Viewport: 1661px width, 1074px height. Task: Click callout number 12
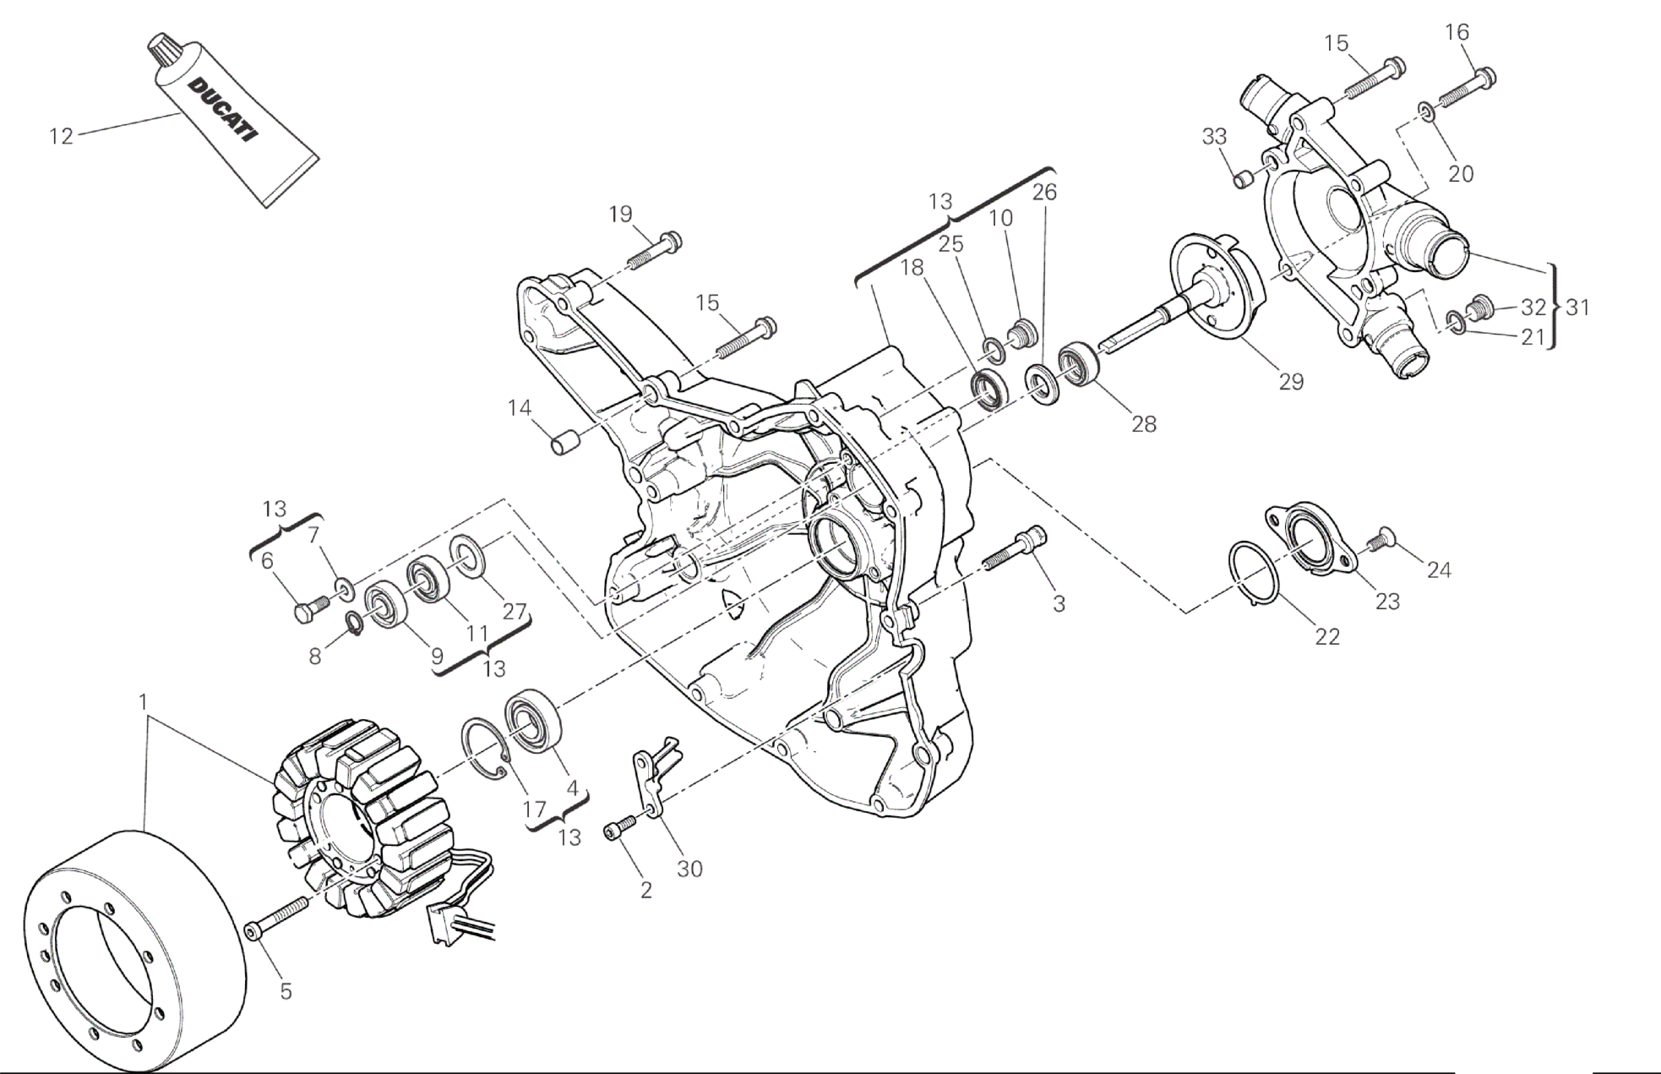click(x=62, y=136)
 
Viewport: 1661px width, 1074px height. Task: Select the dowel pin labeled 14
click(x=564, y=441)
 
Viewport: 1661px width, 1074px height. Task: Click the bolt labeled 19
click(x=655, y=251)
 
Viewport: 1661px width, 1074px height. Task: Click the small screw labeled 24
click(x=1380, y=538)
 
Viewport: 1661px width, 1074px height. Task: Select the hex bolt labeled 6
click(x=312, y=608)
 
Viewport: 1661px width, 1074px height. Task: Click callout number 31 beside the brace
click(x=1577, y=307)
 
